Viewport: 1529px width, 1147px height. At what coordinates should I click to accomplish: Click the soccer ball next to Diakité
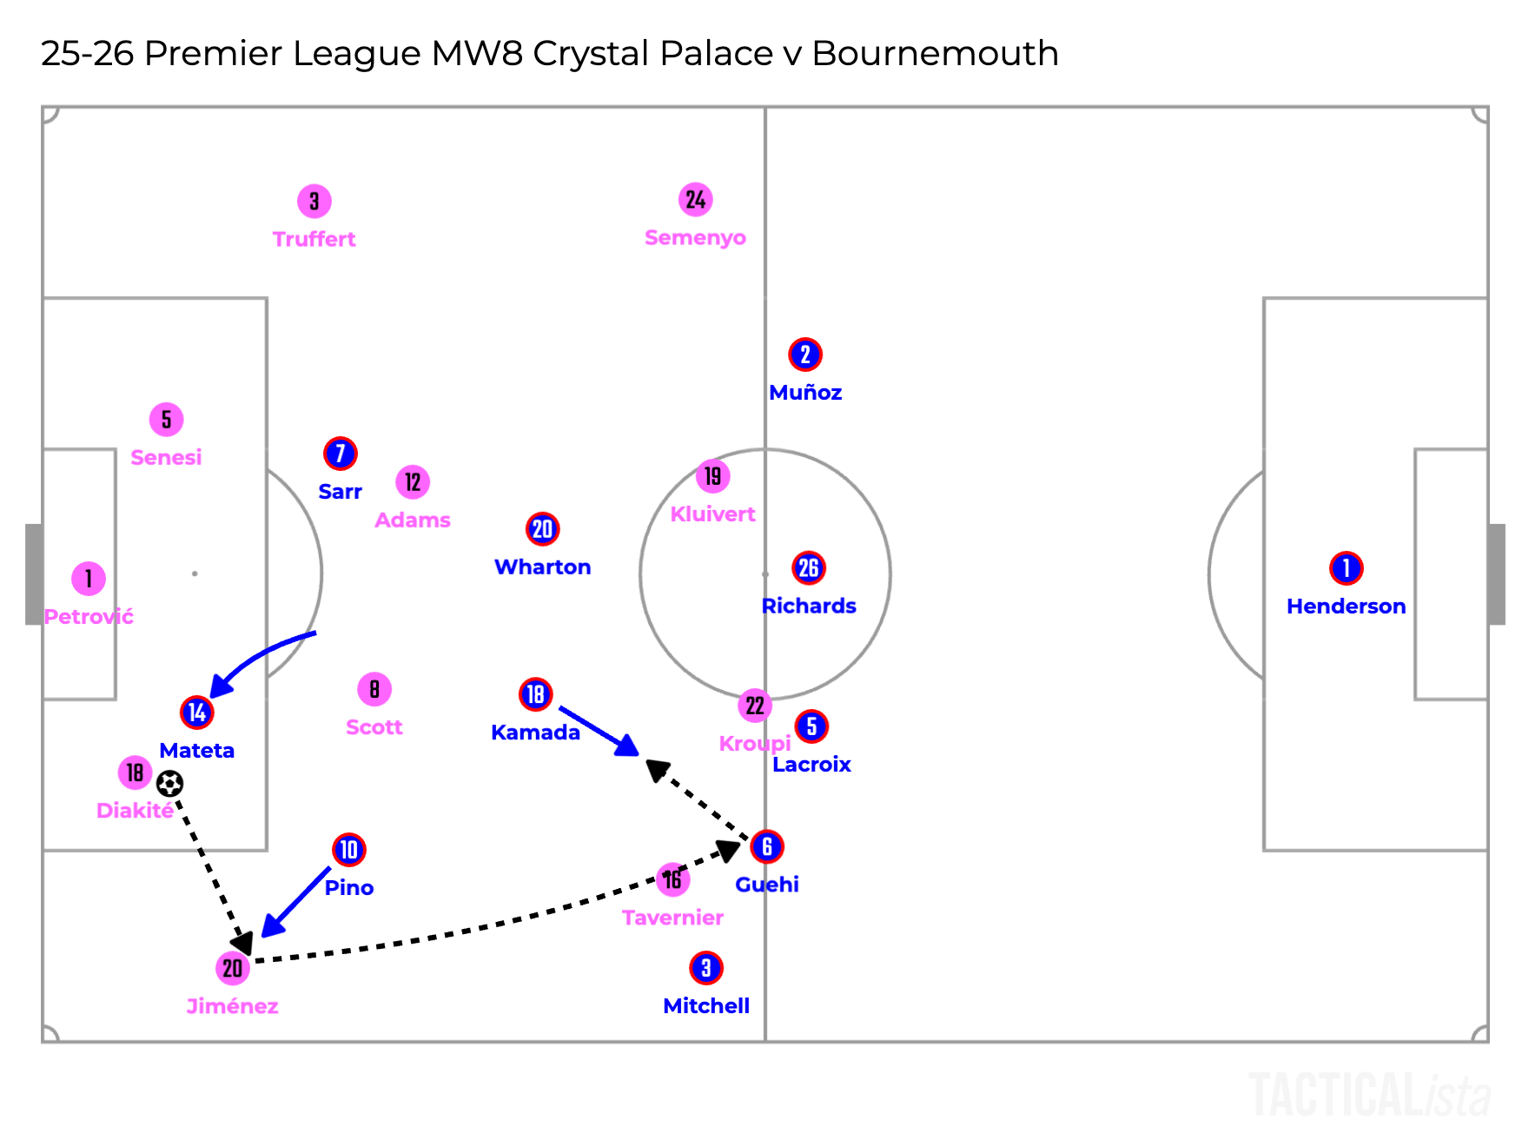pos(169,784)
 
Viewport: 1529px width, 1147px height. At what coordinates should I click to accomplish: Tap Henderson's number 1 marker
pos(1346,568)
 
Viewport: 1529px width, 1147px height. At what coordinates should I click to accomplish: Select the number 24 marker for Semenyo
pos(695,200)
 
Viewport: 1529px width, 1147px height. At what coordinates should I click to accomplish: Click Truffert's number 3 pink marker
pos(314,202)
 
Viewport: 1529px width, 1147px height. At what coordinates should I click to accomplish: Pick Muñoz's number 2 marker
pos(805,355)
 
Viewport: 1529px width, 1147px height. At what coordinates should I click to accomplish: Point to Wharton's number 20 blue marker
pos(542,529)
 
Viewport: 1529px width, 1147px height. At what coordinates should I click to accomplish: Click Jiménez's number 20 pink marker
pos(232,968)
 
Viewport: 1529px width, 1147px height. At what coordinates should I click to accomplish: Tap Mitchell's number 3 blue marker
pos(706,968)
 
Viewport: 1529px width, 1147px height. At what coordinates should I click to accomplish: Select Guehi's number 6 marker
pos(767,846)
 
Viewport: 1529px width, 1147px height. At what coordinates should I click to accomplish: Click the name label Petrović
pos(89,617)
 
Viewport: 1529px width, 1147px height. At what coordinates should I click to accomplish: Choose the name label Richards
pos(809,606)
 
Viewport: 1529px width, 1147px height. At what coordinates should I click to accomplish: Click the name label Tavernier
pos(672,918)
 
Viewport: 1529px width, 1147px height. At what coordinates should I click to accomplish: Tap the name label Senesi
pos(166,457)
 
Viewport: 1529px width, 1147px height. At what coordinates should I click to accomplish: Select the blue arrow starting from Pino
pos(296,901)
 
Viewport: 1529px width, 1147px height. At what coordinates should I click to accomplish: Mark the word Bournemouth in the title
pos(935,53)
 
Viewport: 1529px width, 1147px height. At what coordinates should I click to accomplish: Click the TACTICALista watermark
pos(1370,1096)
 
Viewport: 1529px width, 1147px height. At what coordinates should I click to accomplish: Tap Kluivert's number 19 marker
pos(712,476)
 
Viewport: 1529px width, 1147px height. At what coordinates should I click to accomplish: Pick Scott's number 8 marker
pos(374,690)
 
